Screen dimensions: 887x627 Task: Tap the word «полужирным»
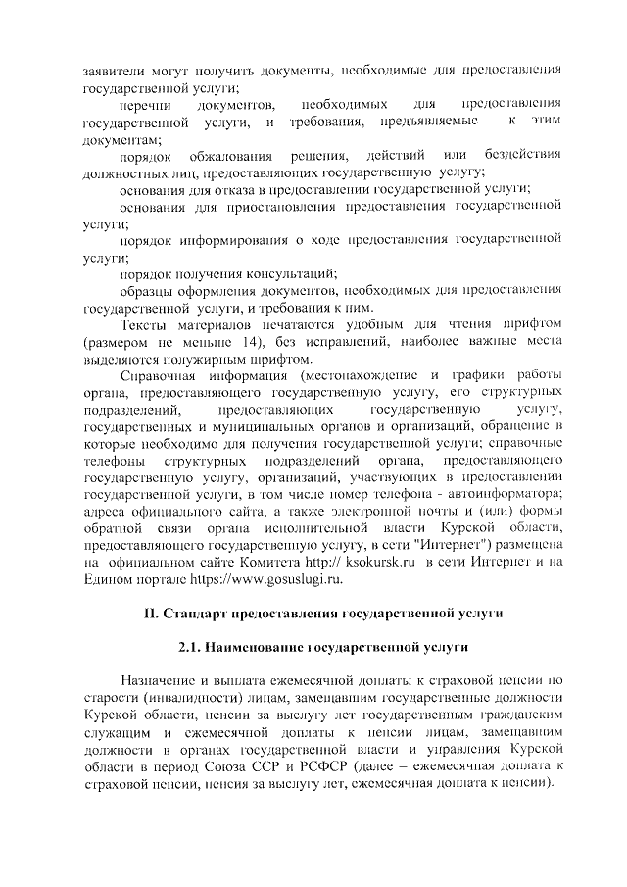pos(232,359)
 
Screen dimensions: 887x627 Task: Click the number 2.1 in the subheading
pos(192,648)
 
